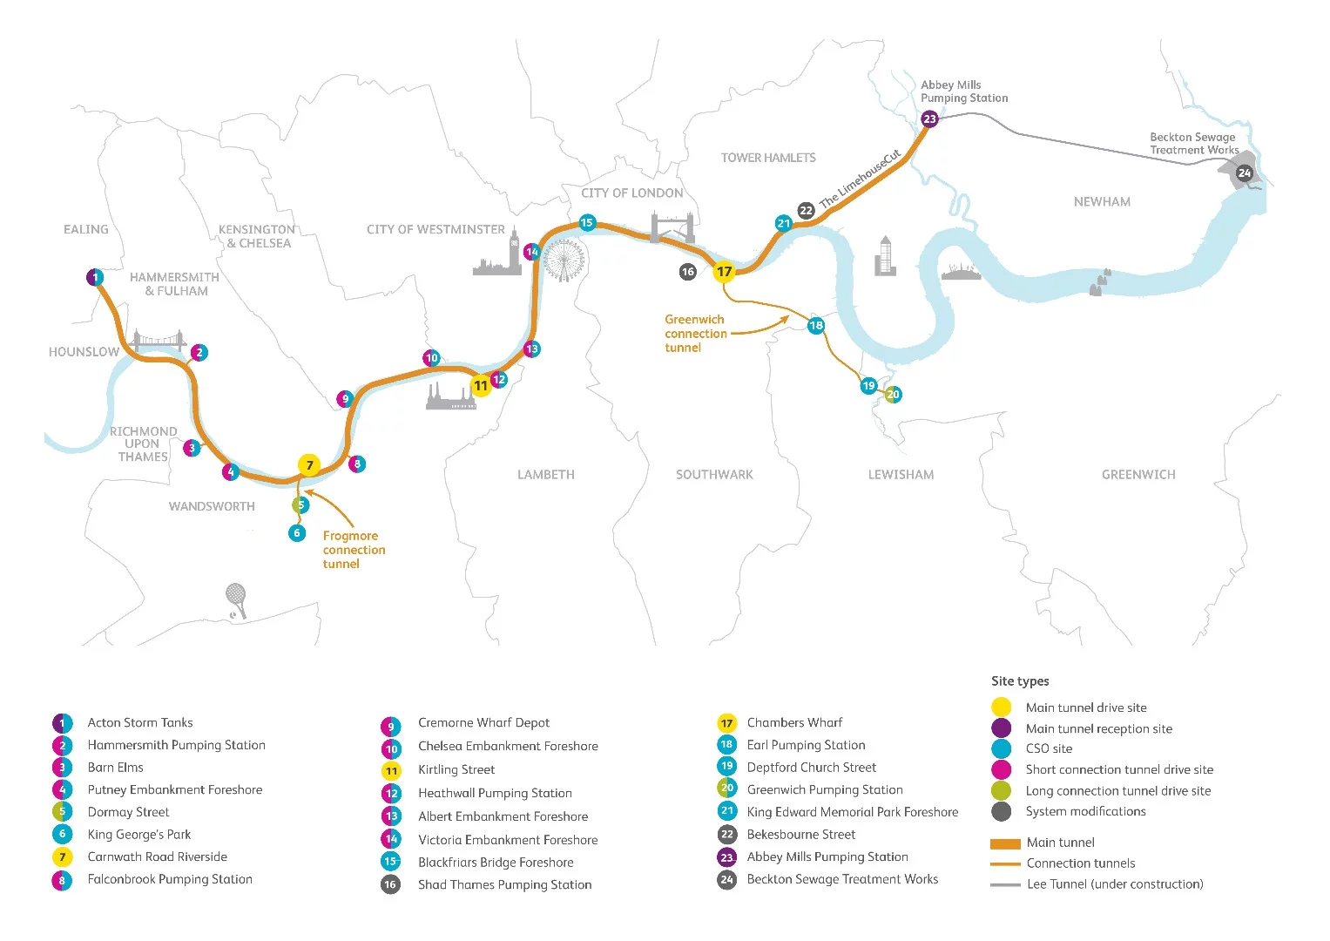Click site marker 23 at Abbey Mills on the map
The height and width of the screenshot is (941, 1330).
pos(929,118)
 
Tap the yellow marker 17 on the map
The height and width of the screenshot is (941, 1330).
pos(724,272)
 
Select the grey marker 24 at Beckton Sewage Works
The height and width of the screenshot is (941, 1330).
pos(1244,173)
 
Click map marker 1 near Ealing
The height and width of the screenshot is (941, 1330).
pos(95,278)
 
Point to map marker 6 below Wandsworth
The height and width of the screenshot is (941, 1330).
pos(297,532)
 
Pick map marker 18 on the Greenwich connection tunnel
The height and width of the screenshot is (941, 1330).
pos(815,325)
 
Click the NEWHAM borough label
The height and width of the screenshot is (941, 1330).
pos(1102,202)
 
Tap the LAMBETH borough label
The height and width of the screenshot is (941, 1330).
pos(545,475)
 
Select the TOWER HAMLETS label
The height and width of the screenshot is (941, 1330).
pos(767,158)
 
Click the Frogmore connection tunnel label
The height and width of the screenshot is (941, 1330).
pos(353,550)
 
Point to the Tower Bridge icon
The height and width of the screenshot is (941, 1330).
pos(672,228)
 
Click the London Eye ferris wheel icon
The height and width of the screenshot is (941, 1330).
pos(564,260)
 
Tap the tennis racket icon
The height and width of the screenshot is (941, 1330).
pos(236,600)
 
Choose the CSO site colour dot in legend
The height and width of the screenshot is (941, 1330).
pos(1001,749)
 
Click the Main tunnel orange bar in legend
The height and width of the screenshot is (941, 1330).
pos(1005,843)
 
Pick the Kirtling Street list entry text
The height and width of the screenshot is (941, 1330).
pos(456,770)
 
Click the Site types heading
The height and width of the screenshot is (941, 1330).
pos(1019,681)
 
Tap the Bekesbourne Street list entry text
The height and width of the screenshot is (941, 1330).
pos(800,835)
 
